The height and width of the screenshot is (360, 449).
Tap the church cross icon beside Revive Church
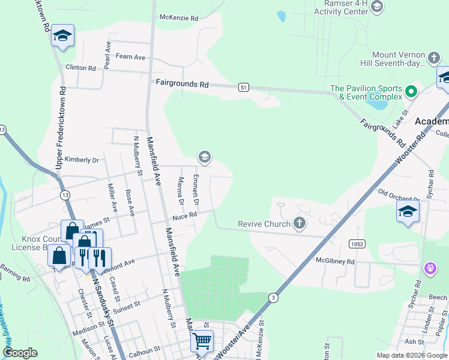pos(298,224)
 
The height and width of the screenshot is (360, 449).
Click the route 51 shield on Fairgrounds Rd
pos(243,88)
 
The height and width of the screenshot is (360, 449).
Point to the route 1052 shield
pos(357,242)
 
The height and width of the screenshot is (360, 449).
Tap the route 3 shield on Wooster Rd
pos(274,298)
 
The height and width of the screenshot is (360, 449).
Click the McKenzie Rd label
pos(178,18)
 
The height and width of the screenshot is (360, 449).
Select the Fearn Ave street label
pos(131,57)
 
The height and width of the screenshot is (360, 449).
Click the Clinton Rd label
pos(80,68)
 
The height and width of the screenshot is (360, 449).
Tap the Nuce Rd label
pos(185,215)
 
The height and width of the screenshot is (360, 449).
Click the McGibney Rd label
pos(335,262)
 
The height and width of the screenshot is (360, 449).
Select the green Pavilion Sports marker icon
pos(411,92)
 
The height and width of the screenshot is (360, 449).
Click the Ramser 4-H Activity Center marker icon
pos(376,7)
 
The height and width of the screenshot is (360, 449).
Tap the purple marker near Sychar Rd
pos(430,268)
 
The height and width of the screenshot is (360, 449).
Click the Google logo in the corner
pos(20,353)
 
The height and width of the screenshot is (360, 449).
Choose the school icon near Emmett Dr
pos(204,157)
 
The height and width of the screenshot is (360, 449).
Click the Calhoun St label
pos(144,348)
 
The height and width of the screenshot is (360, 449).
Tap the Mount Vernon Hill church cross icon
pos(435,58)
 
